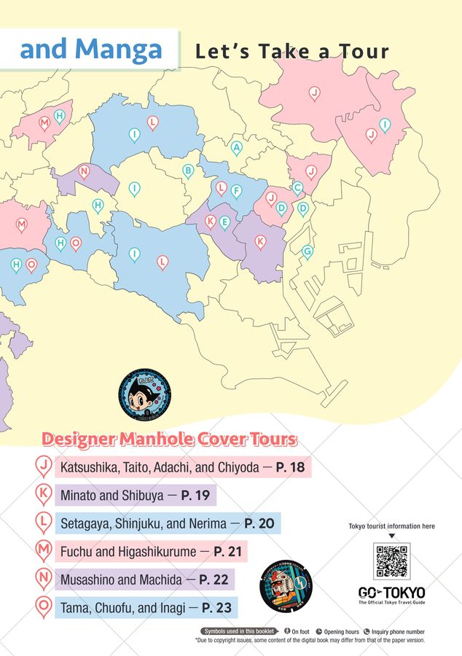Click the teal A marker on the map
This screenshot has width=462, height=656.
click(236, 147)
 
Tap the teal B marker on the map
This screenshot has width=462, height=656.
click(188, 171)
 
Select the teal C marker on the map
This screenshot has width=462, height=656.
click(297, 187)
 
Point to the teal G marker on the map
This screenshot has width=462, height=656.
click(307, 251)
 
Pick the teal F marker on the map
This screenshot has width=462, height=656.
click(235, 190)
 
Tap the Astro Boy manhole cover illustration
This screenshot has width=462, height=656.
click(138, 393)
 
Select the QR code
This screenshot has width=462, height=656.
click(391, 561)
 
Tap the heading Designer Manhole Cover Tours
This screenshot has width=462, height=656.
click(169, 440)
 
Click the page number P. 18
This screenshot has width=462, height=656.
click(290, 467)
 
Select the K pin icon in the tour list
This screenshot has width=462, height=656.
click(44, 495)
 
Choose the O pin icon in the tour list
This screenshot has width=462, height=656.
click(44, 607)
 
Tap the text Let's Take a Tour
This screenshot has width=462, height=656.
click(291, 52)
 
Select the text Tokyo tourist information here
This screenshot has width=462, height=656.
click(391, 526)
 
